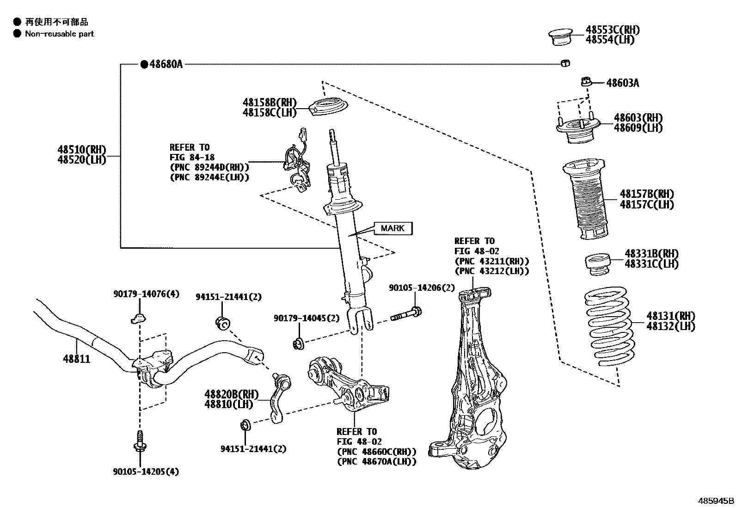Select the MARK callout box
click(393, 228)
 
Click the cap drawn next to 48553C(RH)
click(560, 37)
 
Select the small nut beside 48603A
click(586, 82)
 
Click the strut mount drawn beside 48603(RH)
click(577, 130)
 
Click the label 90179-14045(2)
click(306, 318)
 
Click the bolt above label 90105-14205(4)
click(139, 441)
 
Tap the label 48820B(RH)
click(231, 394)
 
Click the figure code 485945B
click(716, 501)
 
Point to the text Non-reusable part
click(59, 34)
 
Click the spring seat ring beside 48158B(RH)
click(329, 108)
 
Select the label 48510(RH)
click(82, 149)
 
